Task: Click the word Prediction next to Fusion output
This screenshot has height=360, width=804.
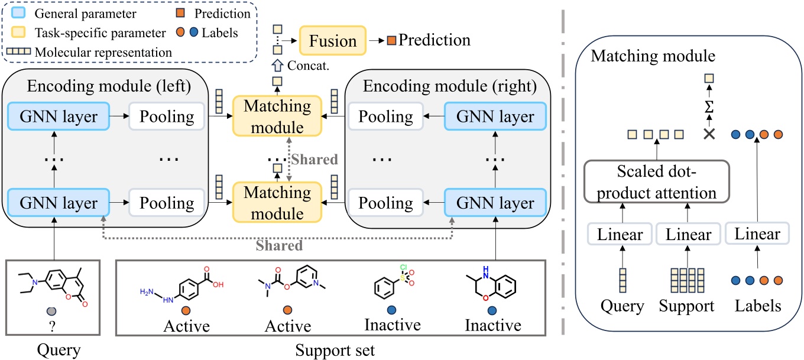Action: [x=435, y=40]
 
